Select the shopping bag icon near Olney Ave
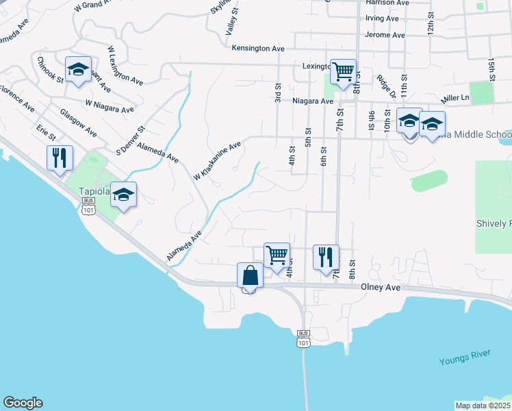pyautogui.click(x=250, y=275)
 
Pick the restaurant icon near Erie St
pyautogui.click(x=58, y=158)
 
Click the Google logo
pyautogui.click(x=23, y=403)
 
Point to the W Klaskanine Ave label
pyautogui.click(x=217, y=161)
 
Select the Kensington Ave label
pyautogui.click(x=257, y=48)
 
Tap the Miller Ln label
pyautogui.click(x=456, y=98)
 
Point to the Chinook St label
pyautogui.click(x=51, y=68)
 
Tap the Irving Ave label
pyautogui.click(x=382, y=18)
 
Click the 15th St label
pyautogui.click(x=491, y=68)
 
